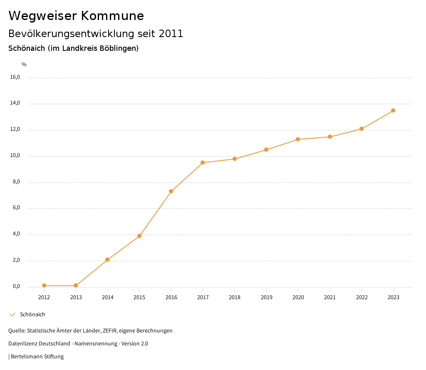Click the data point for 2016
(x=171, y=191)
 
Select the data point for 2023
(x=393, y=110)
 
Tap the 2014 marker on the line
(x=107, y=260)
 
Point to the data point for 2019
(x=266, y=150)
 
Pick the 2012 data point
(x=44, y=285)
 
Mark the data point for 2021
(x=330, y=137)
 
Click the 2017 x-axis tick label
(x=203, y=297)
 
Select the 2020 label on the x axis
(x=298, y=297)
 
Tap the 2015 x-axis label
(x=139, y=297)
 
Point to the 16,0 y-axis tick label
(x=15, y=77)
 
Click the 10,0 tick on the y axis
(x=15, y=156)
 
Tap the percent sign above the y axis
(x=24, y=65)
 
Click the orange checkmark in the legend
(x=12, y=315)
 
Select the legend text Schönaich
(x=32, y=315)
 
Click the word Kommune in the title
(x=112, y=16)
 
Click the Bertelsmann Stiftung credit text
(x=37, y=357)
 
